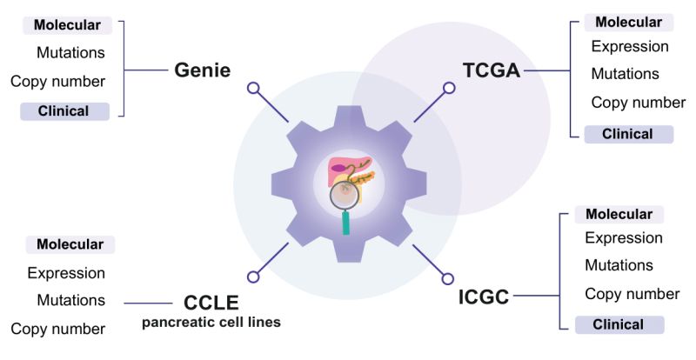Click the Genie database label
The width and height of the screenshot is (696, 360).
pyautogui.click(x=202, y=70)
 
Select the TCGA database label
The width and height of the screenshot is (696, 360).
pyautogui.click(x=491, y=70)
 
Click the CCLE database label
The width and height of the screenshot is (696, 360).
pyautogui.click(x=211, y=303)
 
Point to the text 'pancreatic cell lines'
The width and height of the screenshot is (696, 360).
pyautogui.click(x=211, y=323)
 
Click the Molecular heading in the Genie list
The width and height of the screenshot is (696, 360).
pyautogui.click(x=67, y=24)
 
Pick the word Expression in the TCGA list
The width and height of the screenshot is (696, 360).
pyautogui.click(x=630, y=47)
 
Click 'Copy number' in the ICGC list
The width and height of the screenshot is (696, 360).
pyautogui.click(x=632, y=294)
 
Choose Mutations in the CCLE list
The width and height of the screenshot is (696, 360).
pyautogui.click(x=70, y=300)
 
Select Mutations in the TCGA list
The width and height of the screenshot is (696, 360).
pyautogui.click(x=625, y=74)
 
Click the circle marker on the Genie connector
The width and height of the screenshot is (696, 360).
pyautogui.click(x=253, y=88)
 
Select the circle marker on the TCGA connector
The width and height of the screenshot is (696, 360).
pyautogui.click(x=449, y=88)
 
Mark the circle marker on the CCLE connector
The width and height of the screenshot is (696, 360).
pyautogui.click(x=253, y=277)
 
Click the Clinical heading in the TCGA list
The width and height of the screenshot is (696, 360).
pyautogui.click(x=628, y=134)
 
